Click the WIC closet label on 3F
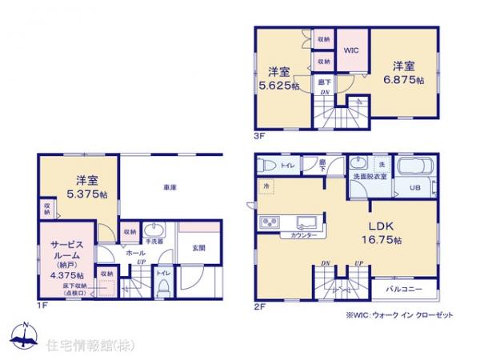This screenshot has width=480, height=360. (351, 49)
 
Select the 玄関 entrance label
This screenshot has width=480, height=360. (199, 248)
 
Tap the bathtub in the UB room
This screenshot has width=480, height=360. (415, 169)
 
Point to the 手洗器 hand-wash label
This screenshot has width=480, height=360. (154, 239)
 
